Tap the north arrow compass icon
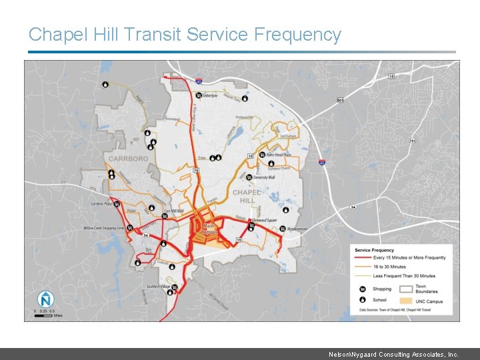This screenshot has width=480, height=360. pos(45,299)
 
